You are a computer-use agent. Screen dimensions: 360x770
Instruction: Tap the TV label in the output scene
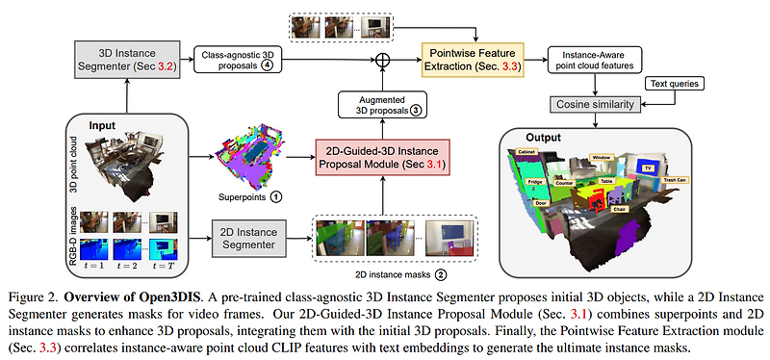(x=648, y=166)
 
